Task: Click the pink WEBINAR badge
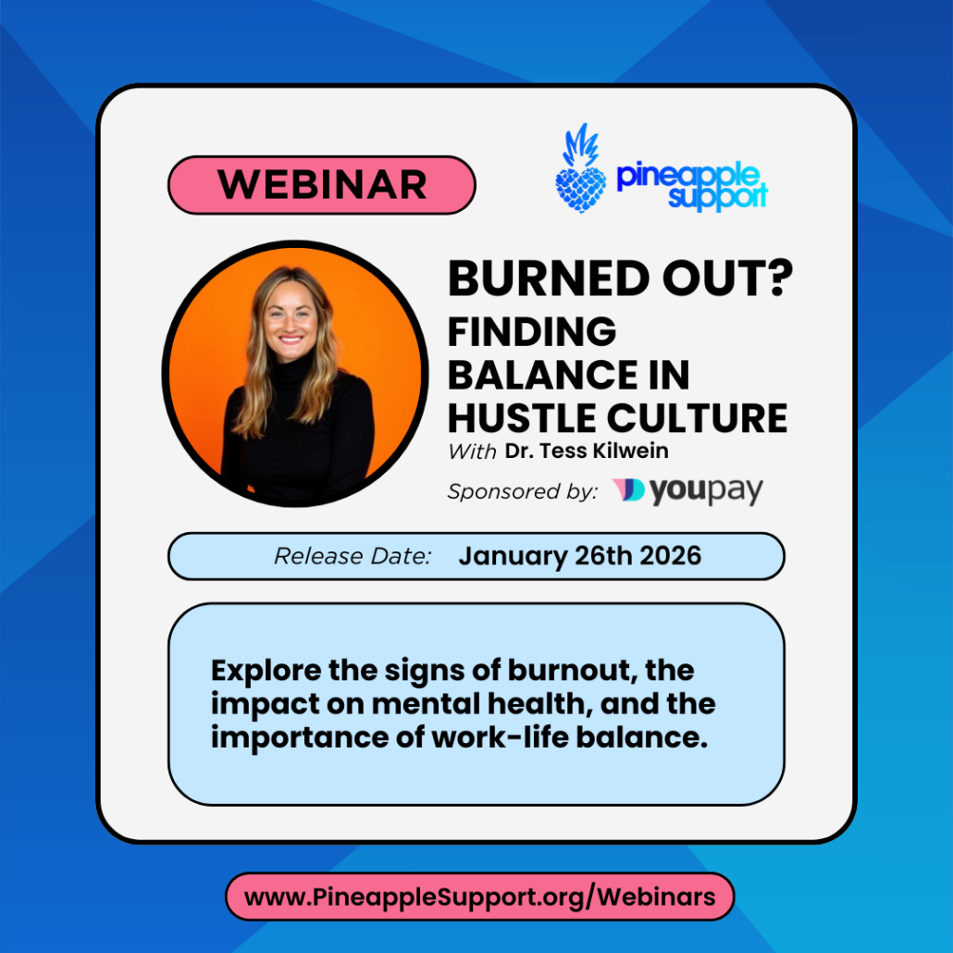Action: (x=321, y=185)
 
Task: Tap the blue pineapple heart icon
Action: (x=580, y=169)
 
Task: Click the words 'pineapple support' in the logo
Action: (x=692, y=185)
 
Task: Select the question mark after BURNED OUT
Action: (x=778, y=278)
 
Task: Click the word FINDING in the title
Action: (x=532, y=332)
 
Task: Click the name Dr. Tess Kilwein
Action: (x=587, y=451)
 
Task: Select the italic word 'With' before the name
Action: (x=472, y=452)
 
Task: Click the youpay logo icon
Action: (x=628, y=489)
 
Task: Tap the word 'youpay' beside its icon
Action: (x=706, y=491)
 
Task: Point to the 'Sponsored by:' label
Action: (x=523, y=491)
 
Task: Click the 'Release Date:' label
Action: (x=353, y=556)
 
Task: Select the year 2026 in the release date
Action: (x=671, y=555)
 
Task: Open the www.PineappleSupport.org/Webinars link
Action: (x=479, y=897)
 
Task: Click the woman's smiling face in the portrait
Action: (x=291, y=319)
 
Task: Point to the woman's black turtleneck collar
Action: (x=291, y=369)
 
